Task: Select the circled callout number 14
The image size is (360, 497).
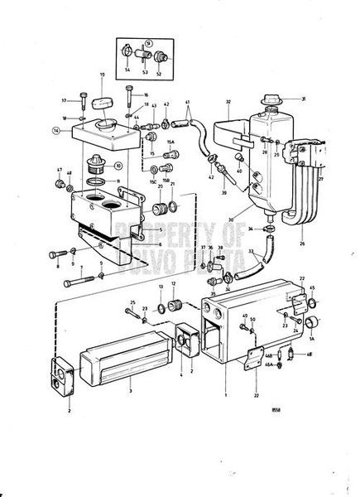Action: point(56,130)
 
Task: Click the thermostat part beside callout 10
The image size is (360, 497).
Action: point(104,165)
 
